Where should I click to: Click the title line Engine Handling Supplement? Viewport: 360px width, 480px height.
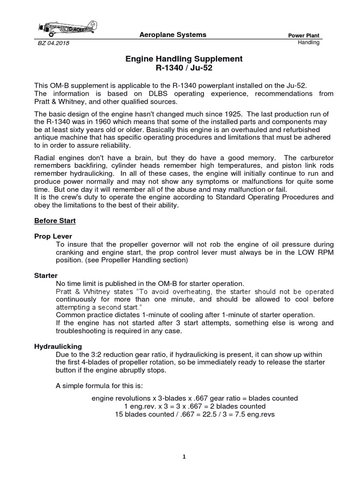[183, 59]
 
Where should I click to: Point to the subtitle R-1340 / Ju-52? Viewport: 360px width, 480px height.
[183, 68]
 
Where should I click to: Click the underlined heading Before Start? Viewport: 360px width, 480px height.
[55, 220]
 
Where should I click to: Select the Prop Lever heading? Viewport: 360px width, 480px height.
[53, 236]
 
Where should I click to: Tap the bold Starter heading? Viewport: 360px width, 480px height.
[45, 276]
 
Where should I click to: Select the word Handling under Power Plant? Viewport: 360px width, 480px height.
[308, 43]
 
